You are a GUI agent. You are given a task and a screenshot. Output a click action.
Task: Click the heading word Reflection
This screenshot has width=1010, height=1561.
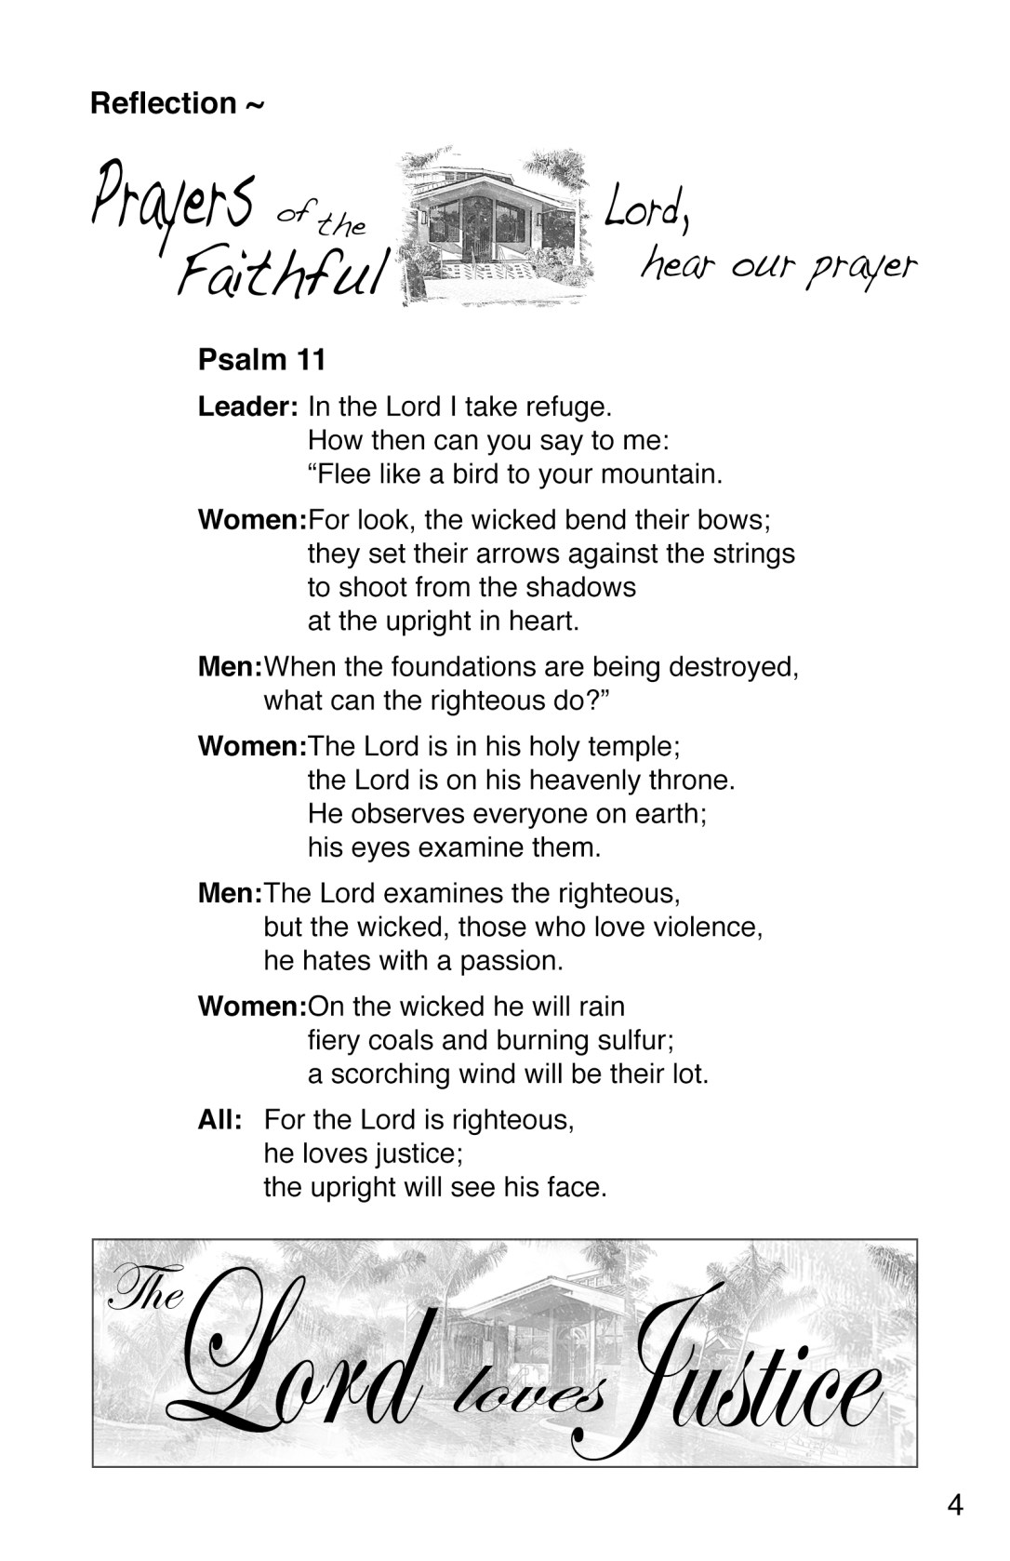click(x=163, y=103)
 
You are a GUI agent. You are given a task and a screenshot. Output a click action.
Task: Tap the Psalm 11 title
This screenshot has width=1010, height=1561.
click(x=261, y=360)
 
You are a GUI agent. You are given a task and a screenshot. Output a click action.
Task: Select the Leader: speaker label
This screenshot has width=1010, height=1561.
click(x=247, y=407)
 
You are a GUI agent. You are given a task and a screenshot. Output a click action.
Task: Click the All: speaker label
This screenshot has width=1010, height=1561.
click(x=219, y=1119)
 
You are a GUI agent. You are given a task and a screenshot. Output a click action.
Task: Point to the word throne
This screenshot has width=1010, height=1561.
click(x=691, y=780)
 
